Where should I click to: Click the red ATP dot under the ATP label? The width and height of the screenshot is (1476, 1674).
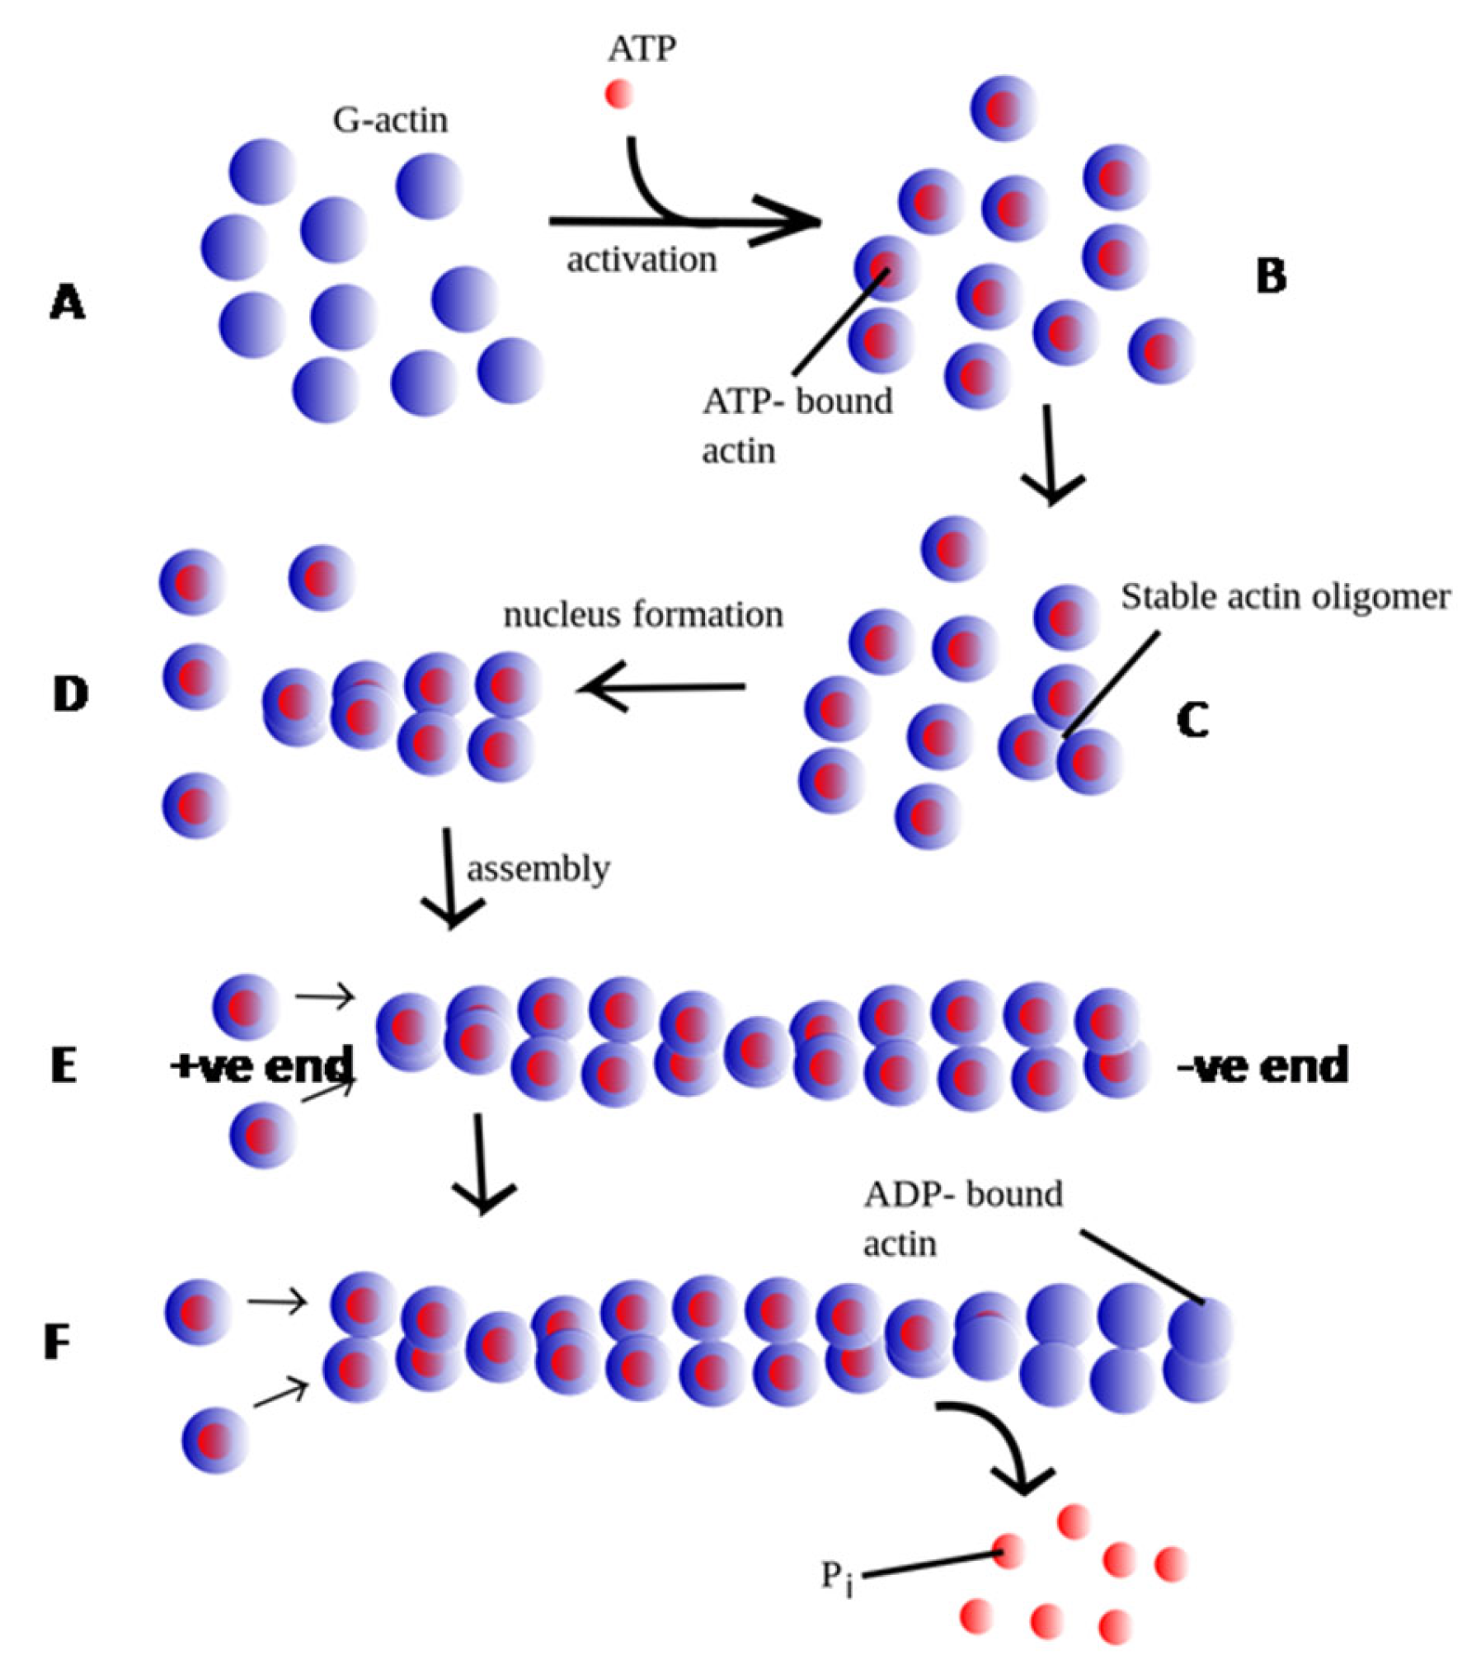[x=618, y=94]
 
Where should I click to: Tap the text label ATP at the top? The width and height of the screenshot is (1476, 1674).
[x=642, y=49]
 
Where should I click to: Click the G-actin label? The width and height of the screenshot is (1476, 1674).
[x=390, y=120]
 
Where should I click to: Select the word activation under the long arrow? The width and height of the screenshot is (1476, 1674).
[x=642, y=260]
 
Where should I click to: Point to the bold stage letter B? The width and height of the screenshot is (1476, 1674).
[x=1271, y=277]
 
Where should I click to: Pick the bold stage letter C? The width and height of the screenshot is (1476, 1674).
[x=1192, y=720]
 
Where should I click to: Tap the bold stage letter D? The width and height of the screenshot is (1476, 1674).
[x=70, y=695]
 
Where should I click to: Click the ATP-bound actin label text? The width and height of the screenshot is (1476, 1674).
[x=796, y=425]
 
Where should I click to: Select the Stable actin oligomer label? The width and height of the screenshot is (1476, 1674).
[x=1285, y=597]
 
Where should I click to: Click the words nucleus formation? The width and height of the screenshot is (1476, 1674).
[x=643, y=615]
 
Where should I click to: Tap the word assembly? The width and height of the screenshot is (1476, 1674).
[x=538, y=868]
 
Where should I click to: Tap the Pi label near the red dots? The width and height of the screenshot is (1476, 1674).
[x=836, y=1577]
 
